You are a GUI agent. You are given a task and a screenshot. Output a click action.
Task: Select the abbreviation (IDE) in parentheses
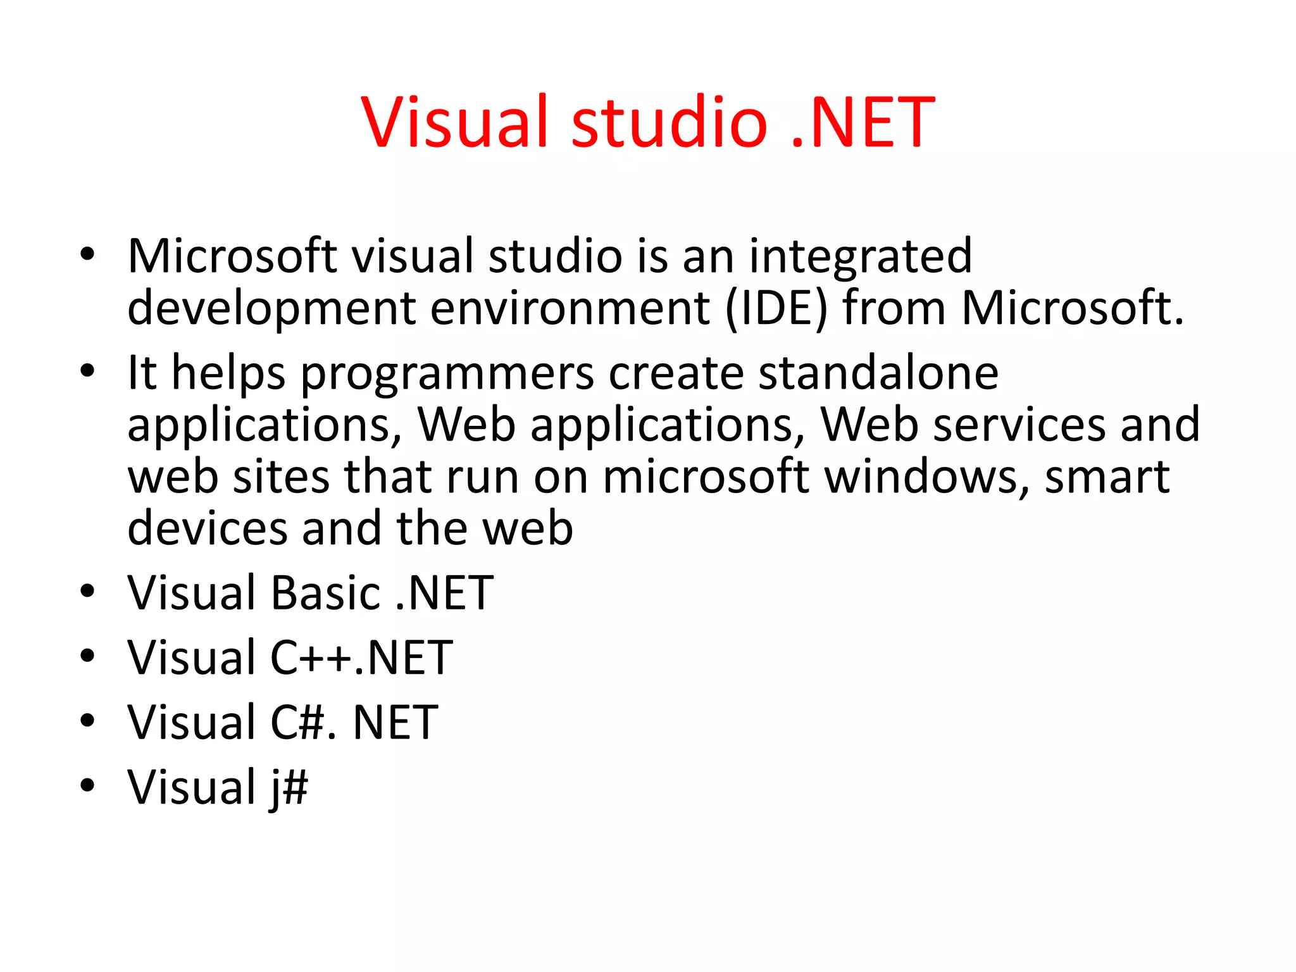776,309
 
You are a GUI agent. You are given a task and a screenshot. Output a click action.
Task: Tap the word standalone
878,373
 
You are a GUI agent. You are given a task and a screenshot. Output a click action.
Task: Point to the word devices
208,528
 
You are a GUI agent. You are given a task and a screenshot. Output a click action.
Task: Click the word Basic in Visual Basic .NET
325,594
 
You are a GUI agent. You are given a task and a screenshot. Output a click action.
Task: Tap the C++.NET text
361,658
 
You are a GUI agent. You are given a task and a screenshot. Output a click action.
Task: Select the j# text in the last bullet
289,788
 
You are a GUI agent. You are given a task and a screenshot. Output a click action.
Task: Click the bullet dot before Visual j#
87,785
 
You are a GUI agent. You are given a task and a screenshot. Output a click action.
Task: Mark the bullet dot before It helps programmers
87,370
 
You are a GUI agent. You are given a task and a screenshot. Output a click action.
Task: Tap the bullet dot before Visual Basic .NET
87,591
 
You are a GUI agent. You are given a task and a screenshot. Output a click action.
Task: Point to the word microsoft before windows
705,477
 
